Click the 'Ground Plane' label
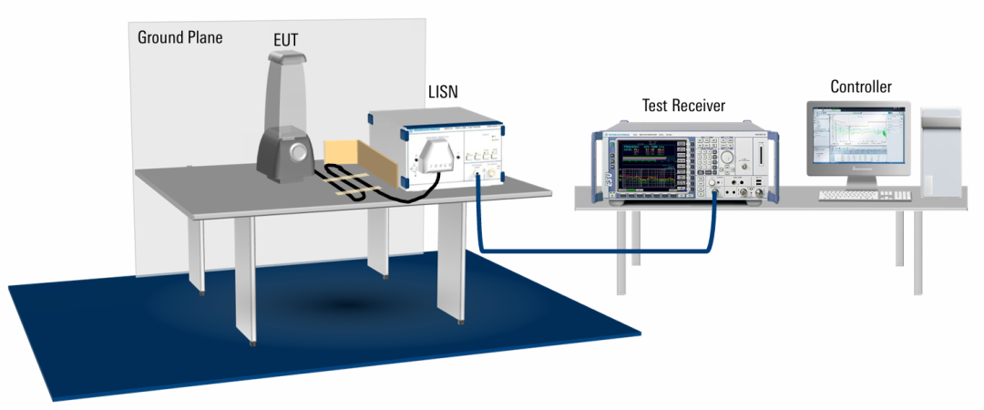[179, 37]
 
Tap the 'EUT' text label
[285, 40]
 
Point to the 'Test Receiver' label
[683, 106]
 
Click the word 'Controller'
[860, 87]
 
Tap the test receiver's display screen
[649, 165]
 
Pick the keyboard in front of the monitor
[864, 195]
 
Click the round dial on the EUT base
[294, 153]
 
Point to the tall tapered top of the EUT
[284, 87]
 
